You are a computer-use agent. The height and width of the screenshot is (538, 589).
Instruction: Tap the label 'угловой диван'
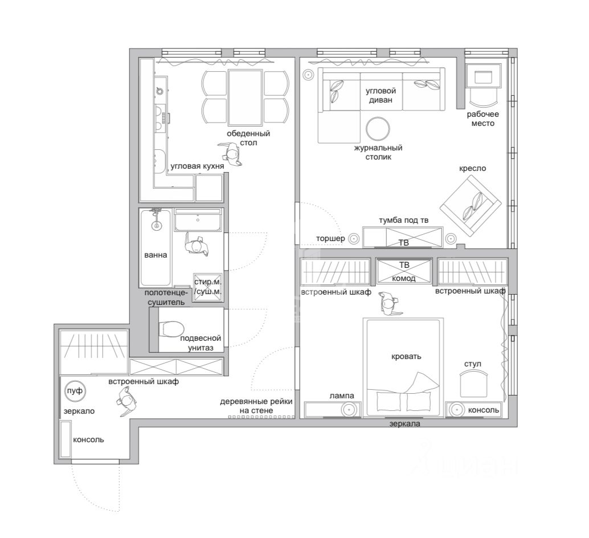click(x=381, y=95)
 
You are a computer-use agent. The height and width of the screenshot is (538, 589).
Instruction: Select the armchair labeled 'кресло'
click(x=471, y=206)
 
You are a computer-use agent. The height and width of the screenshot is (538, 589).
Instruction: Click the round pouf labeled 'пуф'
click(x=75, y=392)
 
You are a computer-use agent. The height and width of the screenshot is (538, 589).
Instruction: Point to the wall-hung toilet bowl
click(x=171, y=329)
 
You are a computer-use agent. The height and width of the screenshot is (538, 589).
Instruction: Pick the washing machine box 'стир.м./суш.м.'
click(x=208, y=287)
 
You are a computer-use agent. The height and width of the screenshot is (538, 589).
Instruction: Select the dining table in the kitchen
click(x=246, y=97)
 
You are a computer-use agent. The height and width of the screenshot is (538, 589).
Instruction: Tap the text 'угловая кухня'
click(x=197, y=166)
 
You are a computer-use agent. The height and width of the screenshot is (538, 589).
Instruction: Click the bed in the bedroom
click(x=403, y=368)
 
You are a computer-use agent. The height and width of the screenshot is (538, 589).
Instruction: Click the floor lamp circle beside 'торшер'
click(x=354, y=238)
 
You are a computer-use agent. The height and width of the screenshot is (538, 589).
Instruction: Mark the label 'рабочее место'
click(x=482, y=119)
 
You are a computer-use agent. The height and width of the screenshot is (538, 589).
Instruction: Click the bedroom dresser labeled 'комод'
click(x=404, y=271)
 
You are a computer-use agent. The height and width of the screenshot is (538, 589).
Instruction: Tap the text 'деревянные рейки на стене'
click(x=256, y=406)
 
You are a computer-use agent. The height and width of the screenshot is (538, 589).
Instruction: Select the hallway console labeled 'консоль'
click(x=66, y=439)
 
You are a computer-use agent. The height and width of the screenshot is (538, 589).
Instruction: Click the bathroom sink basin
click(x=198, y=220)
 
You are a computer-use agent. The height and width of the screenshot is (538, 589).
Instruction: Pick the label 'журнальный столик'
click(x=378, y=152)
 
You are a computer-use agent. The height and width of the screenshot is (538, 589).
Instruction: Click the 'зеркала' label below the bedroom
click(x=404, y=424)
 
